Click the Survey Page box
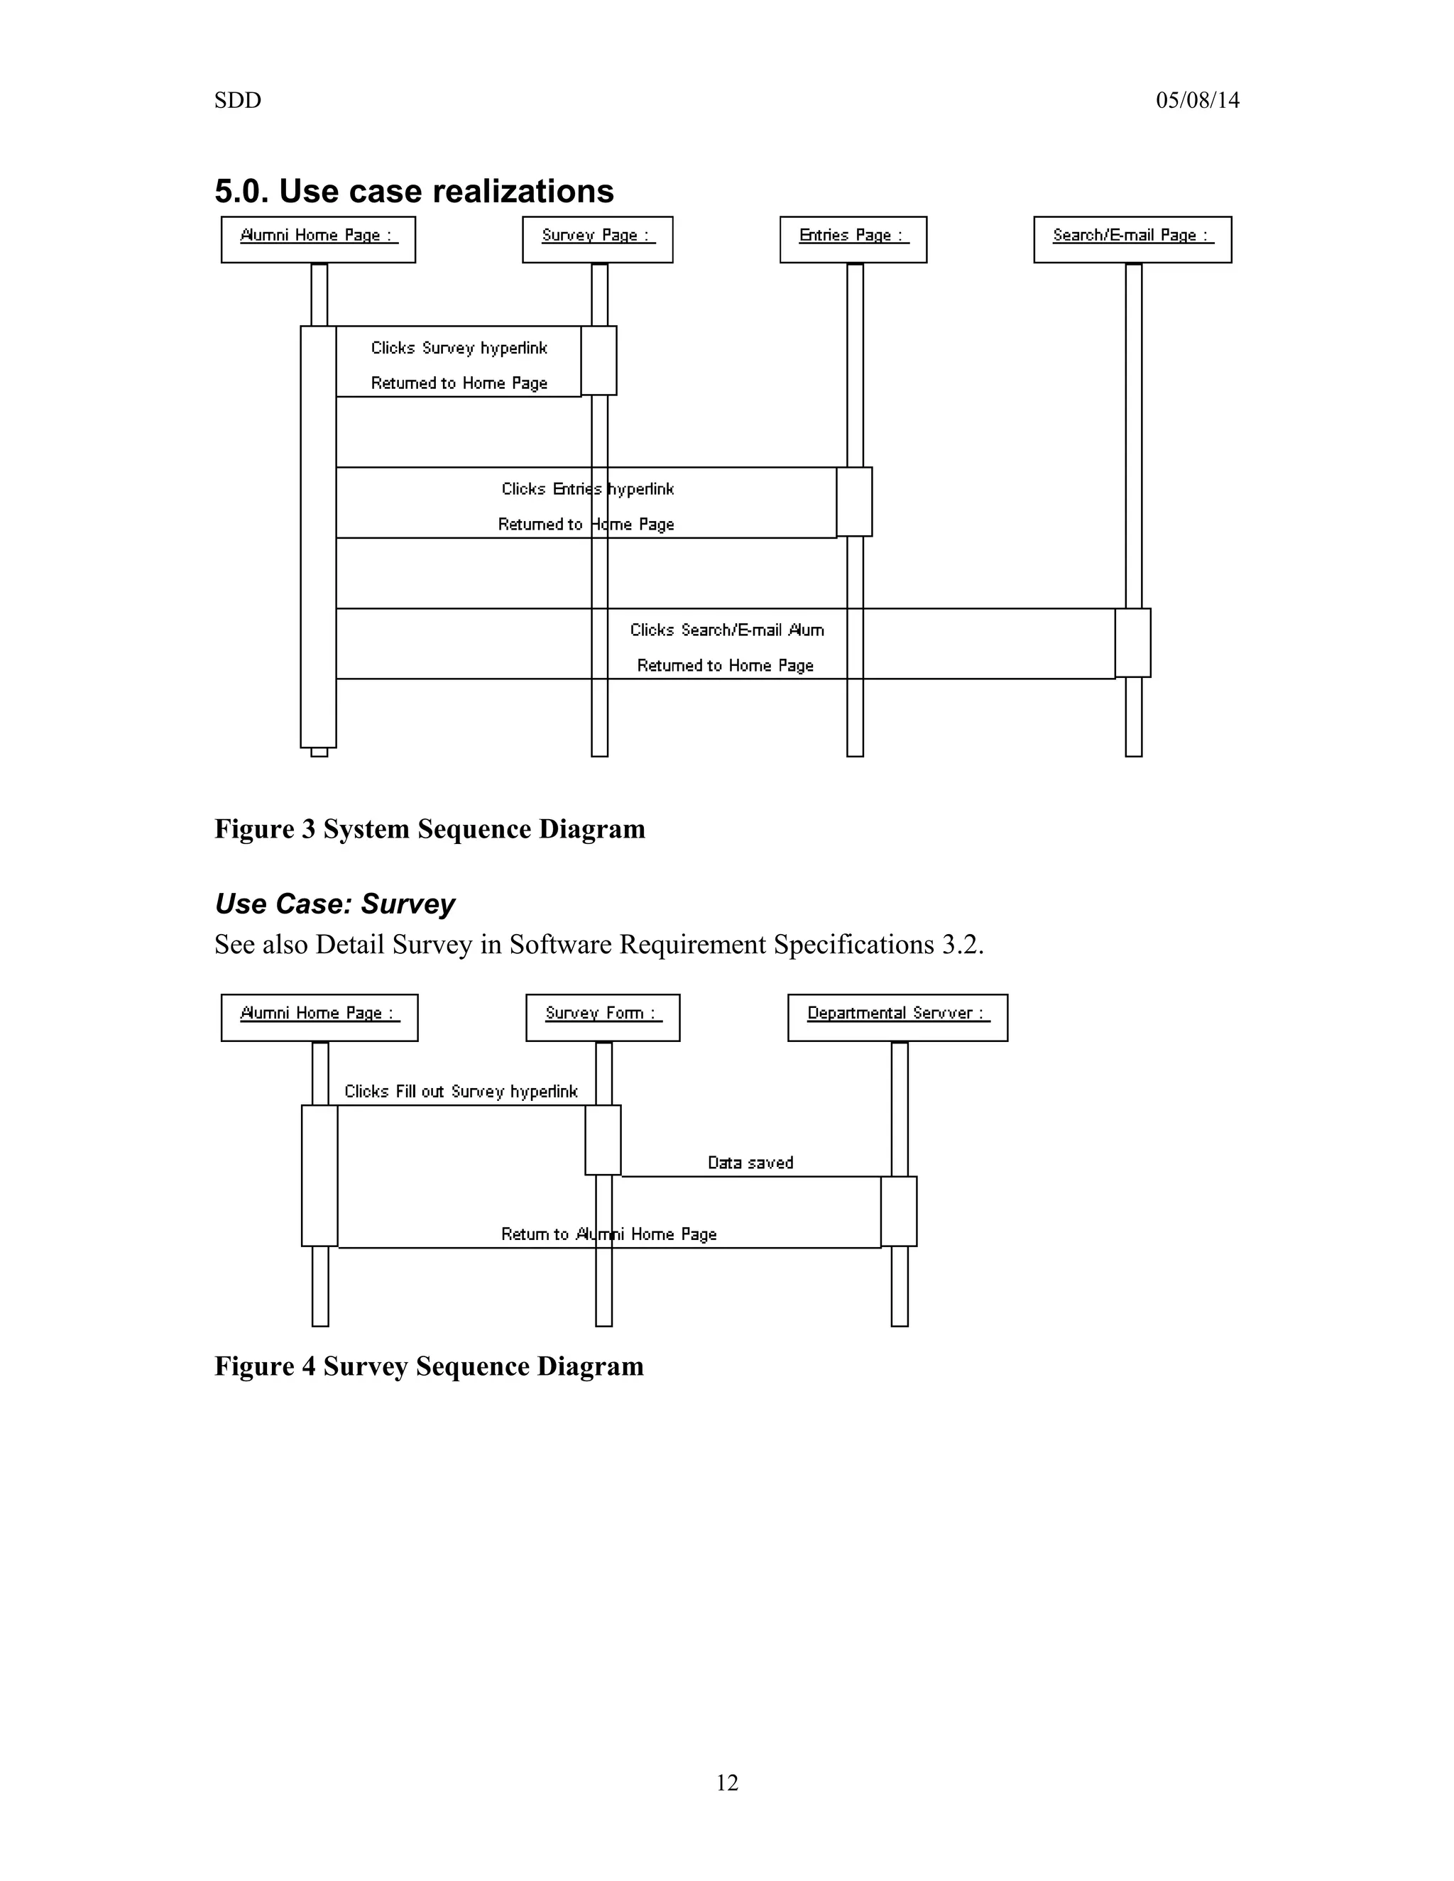597,238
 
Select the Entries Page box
853,238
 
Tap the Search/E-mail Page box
1132,238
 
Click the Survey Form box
602,1017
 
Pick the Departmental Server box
897,1017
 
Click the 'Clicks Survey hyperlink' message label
459,348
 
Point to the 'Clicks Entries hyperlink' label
587,489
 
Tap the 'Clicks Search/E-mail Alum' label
726,630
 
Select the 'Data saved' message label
750,1163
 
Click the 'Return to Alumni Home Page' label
608,1234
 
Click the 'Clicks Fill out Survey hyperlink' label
461,1091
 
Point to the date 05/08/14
1197,101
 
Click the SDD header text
238,101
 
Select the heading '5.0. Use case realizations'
413,191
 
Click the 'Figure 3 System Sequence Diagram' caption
429,828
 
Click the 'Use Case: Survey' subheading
334,904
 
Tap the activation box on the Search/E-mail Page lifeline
1132,642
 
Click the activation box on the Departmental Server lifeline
898,1211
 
